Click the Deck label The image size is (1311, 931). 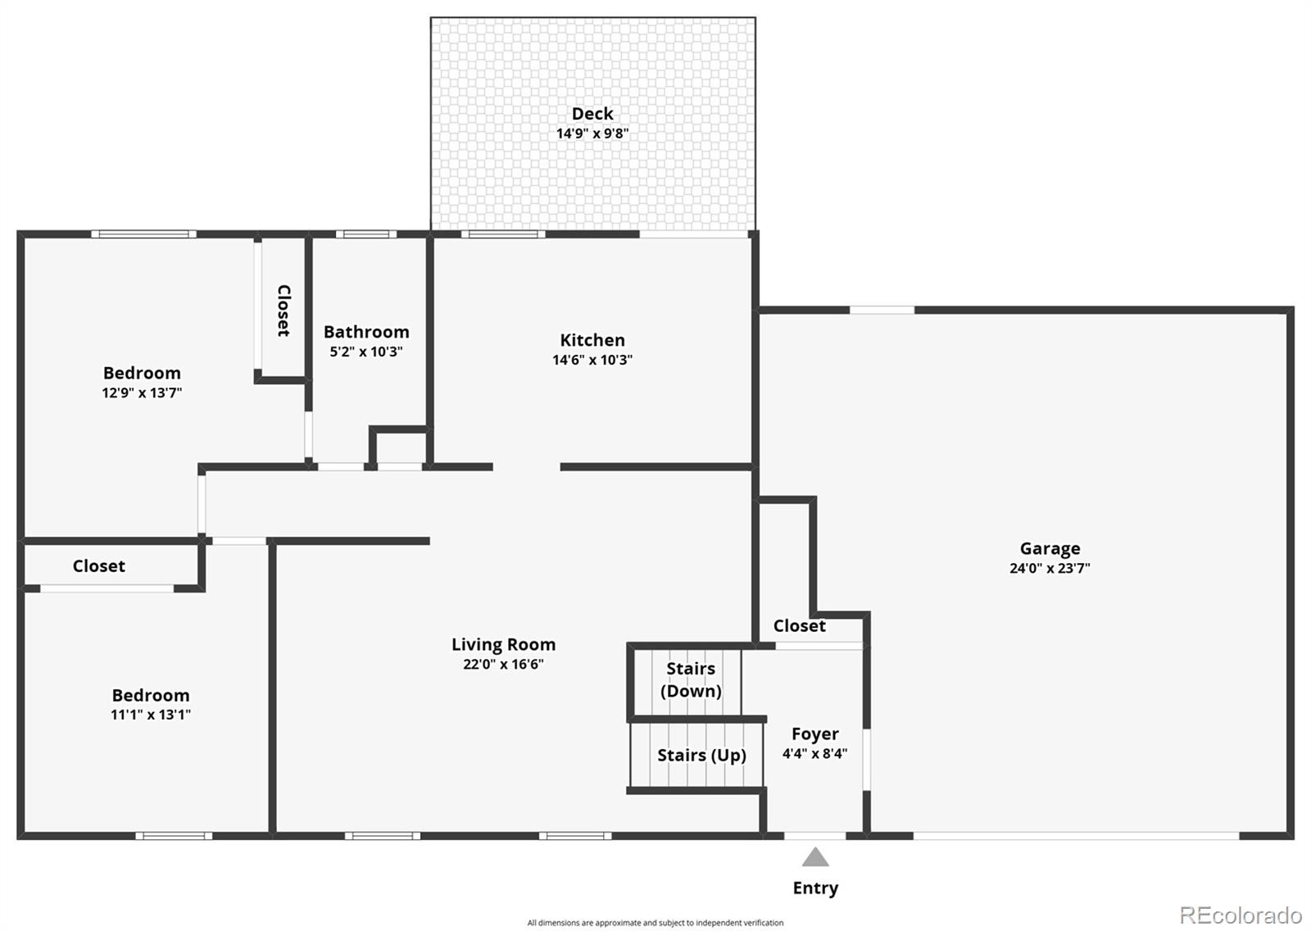592,114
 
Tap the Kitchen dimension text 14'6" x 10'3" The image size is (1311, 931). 592,360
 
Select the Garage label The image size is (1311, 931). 1050,548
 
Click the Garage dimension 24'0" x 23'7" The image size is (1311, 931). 1050,568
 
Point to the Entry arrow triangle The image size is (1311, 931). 815,858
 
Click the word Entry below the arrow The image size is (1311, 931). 815,888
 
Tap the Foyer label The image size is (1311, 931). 814,733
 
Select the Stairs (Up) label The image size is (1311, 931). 701,755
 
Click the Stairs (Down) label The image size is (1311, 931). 691,679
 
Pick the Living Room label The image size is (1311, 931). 503,645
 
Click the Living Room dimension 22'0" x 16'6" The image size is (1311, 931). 503,665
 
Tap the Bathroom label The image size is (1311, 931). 366,332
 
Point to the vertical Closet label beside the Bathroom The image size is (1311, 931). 284,311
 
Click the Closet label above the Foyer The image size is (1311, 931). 799,626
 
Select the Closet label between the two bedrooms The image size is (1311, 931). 98,566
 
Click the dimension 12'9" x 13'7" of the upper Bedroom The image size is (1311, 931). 142,393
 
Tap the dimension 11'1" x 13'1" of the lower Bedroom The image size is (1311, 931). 151,715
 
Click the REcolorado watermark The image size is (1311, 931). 1240,915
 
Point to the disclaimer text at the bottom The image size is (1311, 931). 655,923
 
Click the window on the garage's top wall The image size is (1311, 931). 882,310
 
